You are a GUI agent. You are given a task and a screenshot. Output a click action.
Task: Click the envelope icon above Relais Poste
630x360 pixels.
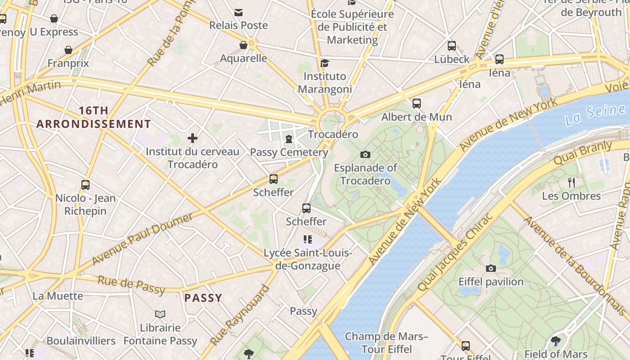238,12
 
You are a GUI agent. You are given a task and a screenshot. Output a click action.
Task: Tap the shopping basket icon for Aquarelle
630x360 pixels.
243,45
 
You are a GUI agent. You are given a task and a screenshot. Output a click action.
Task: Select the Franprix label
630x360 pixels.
68,63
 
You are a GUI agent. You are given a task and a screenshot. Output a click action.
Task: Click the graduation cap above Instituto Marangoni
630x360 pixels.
324,63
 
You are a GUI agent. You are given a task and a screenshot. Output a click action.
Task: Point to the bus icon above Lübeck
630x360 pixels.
452,46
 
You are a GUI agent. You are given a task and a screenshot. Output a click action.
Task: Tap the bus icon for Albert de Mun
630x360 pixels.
417,103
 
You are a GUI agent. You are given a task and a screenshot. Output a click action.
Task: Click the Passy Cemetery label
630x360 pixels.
289,152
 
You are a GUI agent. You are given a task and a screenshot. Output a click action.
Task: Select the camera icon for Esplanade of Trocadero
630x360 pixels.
365,155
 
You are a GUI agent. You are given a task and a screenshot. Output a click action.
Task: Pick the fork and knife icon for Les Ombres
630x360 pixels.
571,183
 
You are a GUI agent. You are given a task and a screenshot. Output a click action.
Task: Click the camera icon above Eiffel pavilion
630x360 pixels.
491,269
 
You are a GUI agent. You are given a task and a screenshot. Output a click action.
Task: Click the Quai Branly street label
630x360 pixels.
583,153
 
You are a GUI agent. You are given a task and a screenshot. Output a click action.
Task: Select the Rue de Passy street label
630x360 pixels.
131,285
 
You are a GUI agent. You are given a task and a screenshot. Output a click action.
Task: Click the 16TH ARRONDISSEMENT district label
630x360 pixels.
94,117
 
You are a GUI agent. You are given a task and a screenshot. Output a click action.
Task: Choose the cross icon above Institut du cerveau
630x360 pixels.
193,138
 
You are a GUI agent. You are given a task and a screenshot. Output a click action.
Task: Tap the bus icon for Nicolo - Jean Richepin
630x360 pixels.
85,184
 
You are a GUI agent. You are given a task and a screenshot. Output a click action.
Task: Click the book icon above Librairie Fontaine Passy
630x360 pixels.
160,314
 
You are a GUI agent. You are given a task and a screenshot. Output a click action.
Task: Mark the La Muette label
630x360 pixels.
58,296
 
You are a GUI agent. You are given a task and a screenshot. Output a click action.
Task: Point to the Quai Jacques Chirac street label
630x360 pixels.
455,252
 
